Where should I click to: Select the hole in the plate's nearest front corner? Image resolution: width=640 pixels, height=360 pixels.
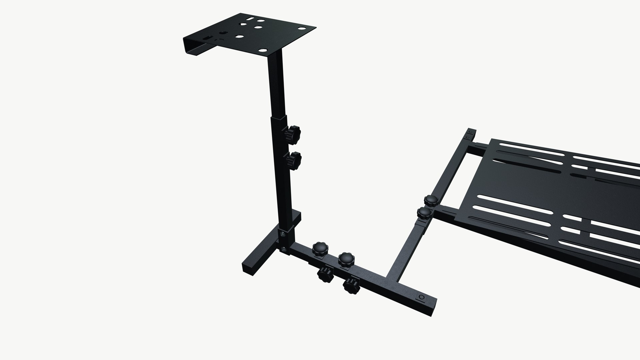point(263,51)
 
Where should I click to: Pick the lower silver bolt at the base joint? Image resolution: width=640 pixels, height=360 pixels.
point(283,249)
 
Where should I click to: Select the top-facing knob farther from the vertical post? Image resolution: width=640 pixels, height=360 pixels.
point(346,259)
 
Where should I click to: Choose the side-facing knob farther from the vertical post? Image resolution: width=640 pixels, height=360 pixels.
point(351,286)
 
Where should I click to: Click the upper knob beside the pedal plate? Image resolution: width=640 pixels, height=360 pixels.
point(431,200)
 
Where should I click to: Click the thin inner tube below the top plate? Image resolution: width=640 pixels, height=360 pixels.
point(275,83)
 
